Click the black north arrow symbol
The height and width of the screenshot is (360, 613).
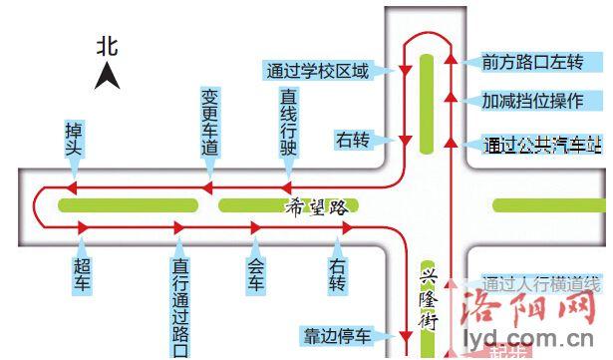(108, 74)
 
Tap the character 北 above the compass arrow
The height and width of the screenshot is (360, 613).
(108, 45)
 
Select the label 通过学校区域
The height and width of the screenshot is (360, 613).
(317, 71)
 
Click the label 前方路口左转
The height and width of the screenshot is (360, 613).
(531, 62)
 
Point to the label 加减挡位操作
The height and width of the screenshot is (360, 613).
(531, 102)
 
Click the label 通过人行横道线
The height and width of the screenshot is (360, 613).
(538, 281)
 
